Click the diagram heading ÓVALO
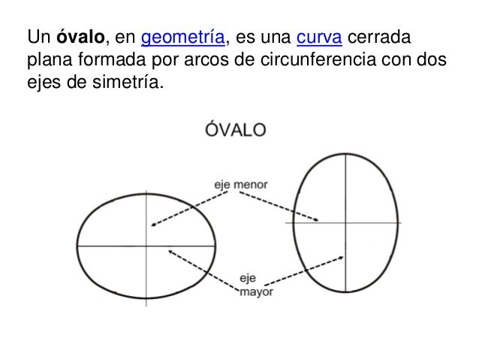[x=235, y=129]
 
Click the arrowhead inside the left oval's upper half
[x=152, y=224]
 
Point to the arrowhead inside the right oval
[x=318, y=220]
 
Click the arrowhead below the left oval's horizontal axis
[x=170, y=253]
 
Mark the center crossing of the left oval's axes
[x=146, y=246]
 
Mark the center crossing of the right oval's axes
[x=345, y=222]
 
